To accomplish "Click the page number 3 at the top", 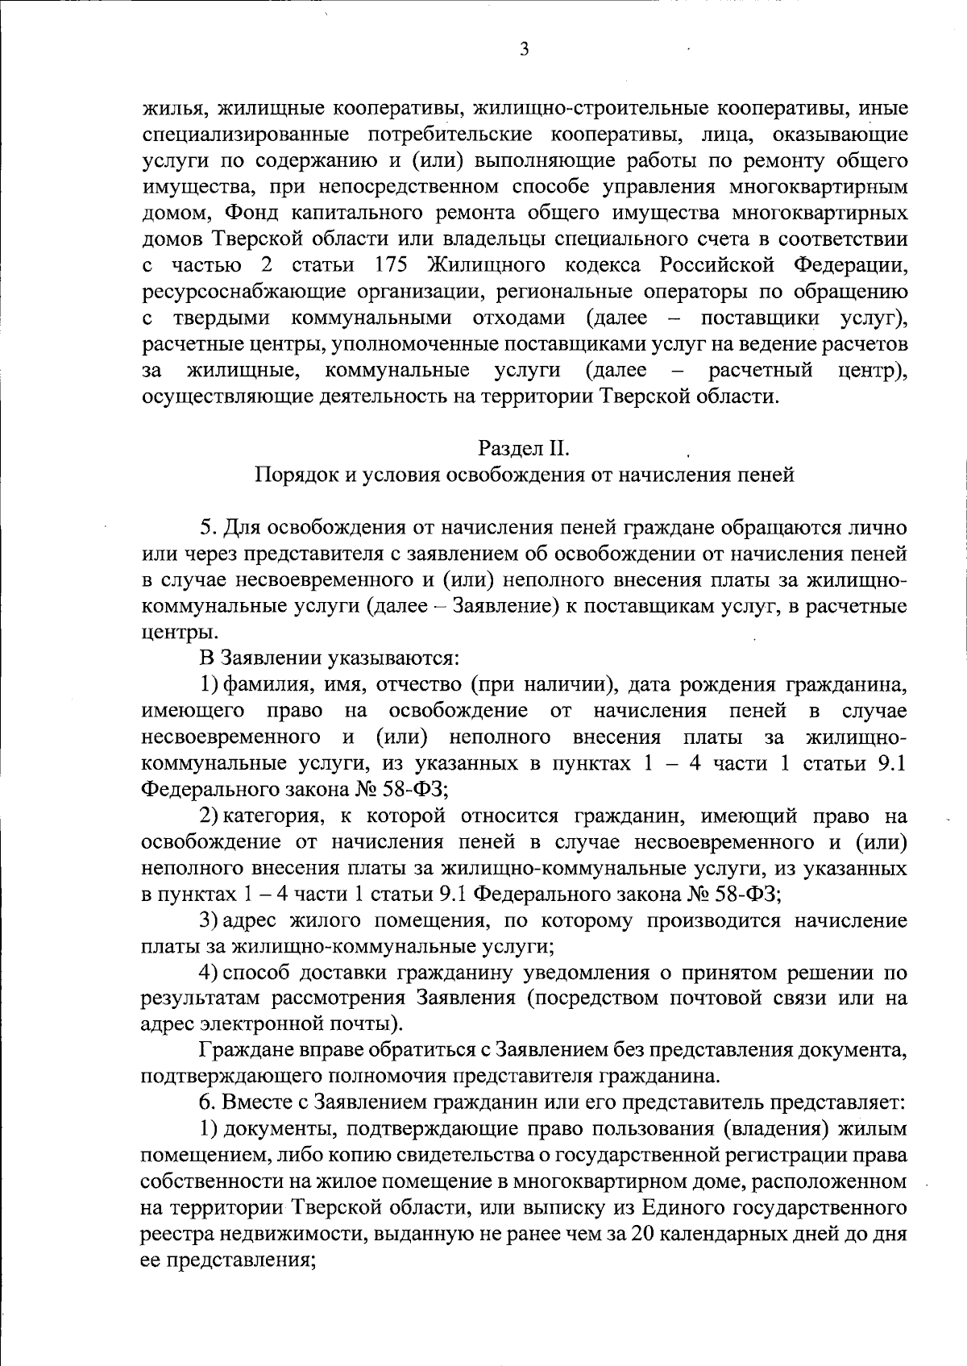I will (x=525, y=50).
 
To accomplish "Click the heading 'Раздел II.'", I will (x=524, y=446).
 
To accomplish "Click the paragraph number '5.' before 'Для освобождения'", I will (x=207, y=528).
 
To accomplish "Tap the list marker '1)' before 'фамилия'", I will (x=210, y=686).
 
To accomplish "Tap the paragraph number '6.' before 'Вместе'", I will (x=207, y=1102).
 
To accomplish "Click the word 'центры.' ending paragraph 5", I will (x=168, y=633).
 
